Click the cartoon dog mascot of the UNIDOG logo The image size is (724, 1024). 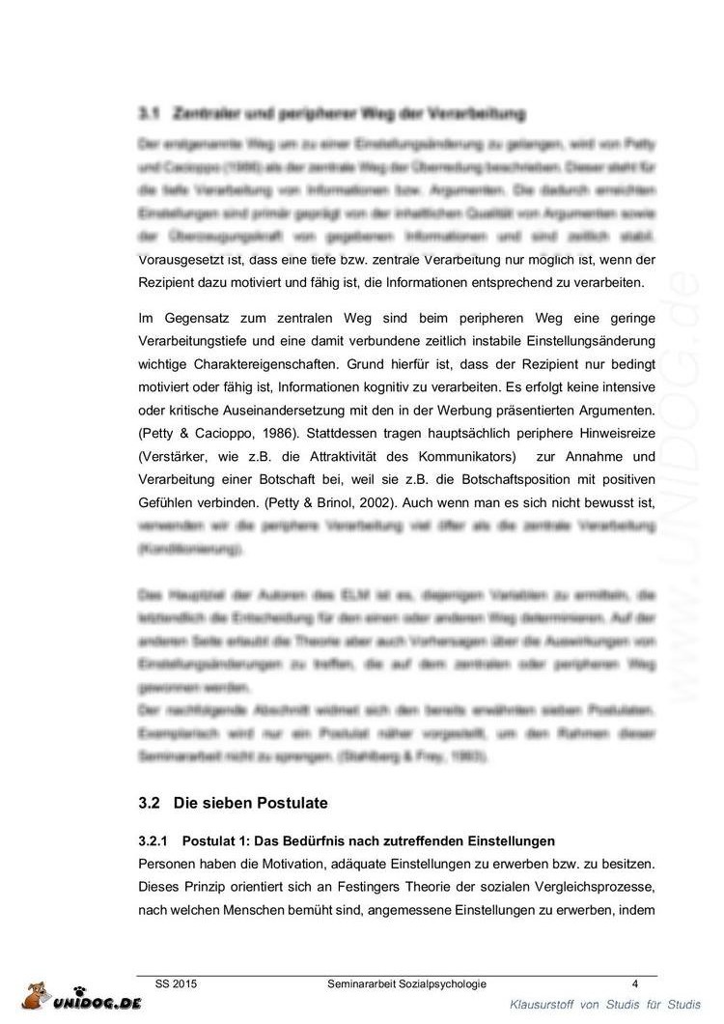(x=37, y=999)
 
